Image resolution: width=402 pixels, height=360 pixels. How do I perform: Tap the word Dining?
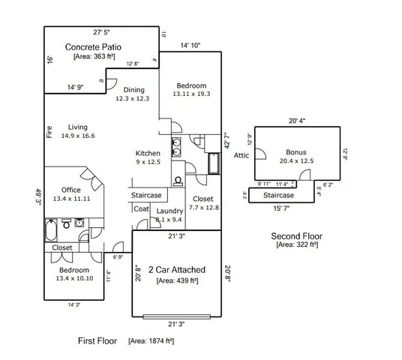(x=133, y=90)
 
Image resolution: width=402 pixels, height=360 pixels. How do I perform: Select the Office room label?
(x=72, y=190)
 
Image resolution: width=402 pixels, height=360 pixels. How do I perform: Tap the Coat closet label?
(x=142, y=208)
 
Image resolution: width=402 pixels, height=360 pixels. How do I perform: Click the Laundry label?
(x=170, y=211)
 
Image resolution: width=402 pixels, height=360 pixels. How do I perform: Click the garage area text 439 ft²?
(x=176, y=280)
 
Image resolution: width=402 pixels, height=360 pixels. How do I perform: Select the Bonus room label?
(x=296, y=151)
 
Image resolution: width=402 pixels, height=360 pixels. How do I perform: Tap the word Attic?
(x=241, y=156)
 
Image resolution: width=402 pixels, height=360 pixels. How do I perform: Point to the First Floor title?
(x=97, y=340)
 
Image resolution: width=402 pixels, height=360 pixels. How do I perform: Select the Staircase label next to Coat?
(x=147, y=195)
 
